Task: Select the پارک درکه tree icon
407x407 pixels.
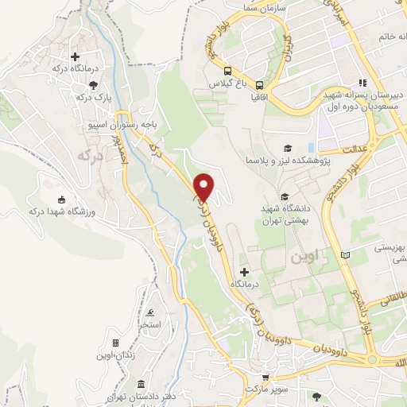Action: [94, 84]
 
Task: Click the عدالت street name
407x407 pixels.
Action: [354, 149]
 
